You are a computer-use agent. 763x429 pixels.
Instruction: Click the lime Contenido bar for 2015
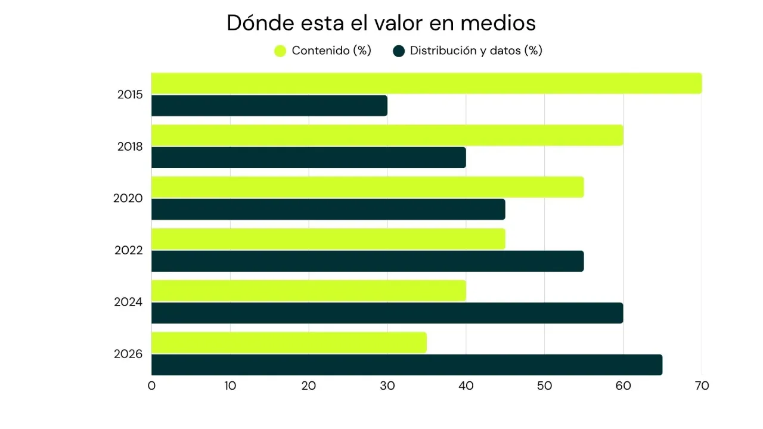point(426,83)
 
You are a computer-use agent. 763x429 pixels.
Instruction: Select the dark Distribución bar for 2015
point(269,105)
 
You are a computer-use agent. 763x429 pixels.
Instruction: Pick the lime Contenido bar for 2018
point(387,135)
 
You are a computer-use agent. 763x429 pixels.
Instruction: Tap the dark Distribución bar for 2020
point(328,209)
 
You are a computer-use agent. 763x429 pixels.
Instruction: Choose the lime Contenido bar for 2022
point(328,239)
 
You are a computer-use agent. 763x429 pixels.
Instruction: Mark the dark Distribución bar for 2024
point(387,313)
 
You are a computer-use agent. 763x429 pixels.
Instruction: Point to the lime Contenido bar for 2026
point(289,343)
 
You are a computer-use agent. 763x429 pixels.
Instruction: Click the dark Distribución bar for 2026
point(407,365)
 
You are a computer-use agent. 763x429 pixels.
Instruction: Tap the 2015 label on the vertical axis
point(130,95)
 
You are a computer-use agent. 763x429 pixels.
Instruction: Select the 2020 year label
point(128,198)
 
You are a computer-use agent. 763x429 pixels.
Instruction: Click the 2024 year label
point(128,302)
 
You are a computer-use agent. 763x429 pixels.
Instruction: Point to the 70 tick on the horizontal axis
point(702,386)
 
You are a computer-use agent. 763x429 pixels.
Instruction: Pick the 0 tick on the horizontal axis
point(151,386)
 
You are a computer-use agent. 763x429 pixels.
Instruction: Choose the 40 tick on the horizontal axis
point(466,386)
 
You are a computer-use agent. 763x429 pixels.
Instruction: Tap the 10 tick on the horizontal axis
point(230,386)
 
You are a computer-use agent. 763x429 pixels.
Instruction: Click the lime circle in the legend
point(280,51)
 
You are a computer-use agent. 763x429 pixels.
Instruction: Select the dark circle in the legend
point(399,51)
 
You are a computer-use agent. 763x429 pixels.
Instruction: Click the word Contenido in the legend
point(321,51)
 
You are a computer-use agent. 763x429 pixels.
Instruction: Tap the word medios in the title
point(498,23)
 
